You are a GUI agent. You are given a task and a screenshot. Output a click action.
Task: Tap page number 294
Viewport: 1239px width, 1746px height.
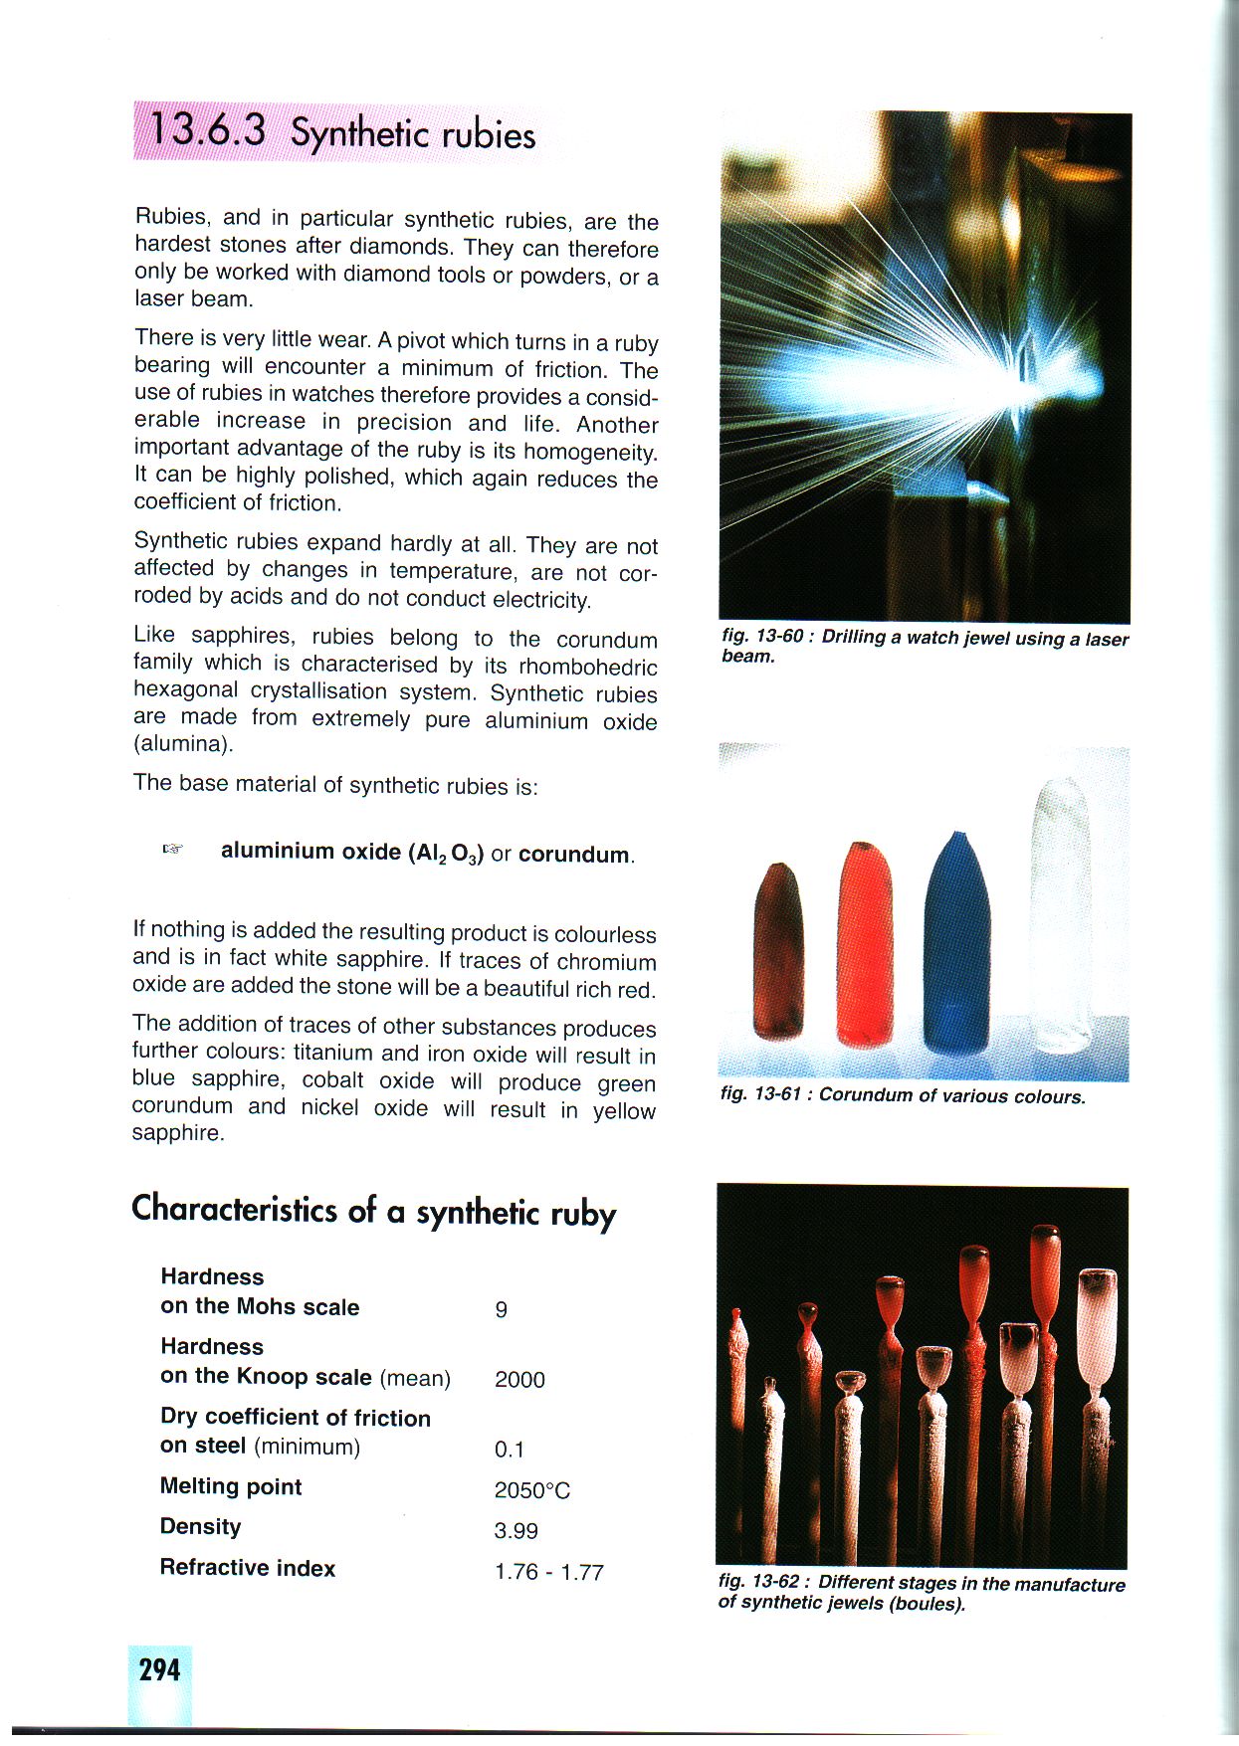(159, 1669)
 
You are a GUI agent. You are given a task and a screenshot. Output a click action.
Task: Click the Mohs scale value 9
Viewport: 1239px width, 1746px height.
(501, 1309)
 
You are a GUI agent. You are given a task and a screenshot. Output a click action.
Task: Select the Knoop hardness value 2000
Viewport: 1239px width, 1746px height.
(519, 1379)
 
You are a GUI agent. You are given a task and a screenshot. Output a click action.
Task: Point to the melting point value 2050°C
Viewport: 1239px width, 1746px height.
(532, 1490)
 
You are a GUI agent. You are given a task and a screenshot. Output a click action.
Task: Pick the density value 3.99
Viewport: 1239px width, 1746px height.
(516, 1531)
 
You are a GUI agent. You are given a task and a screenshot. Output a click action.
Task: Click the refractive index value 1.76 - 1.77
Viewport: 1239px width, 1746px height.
(548, 1572)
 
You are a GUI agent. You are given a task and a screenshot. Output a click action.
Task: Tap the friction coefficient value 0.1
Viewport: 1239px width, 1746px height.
(509, 1450)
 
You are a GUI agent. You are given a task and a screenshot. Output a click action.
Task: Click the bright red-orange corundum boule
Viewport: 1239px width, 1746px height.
(866, 945)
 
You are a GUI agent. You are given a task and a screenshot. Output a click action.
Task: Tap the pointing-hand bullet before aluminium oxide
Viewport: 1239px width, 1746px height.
(173, 850)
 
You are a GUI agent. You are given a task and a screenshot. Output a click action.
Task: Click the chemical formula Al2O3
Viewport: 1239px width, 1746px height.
(446, 854)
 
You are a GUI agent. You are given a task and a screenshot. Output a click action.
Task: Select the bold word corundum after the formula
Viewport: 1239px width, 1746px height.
(574, 855)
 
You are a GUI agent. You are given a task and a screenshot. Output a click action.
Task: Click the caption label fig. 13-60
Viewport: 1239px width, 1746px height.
(764, 637)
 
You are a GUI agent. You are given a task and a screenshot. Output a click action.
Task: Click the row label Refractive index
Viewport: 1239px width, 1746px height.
(248, 1568)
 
